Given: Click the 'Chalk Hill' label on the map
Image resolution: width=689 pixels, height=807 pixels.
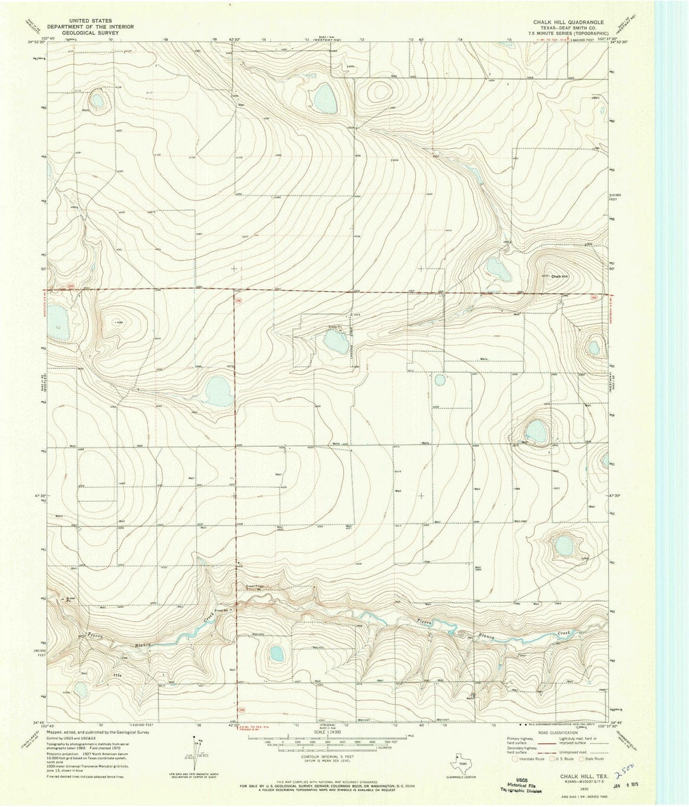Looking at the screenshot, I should coord(559,276).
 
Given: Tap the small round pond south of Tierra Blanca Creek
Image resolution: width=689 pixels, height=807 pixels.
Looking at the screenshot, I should coord(276,654).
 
